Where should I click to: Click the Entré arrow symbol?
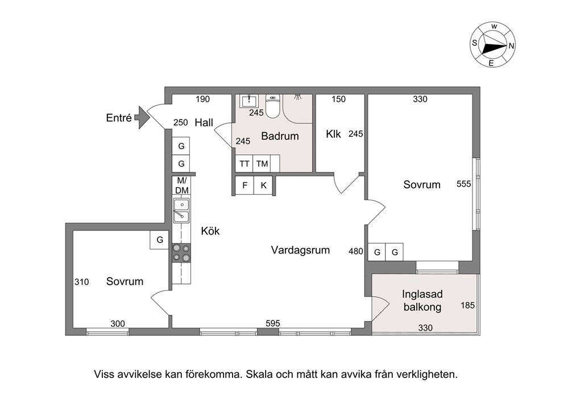click(x=142, y=117)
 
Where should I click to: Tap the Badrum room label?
click(x=280, y=136)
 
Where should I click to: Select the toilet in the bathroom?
click(x=272, y=106)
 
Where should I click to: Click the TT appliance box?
click(x=244, y=164)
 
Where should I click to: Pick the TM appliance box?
click(x=262, y=164)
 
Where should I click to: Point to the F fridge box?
click(x=245, y=186)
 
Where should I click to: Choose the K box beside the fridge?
click(x=263, y=186)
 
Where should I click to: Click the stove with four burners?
click(x=181, y=253)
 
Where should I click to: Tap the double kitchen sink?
click(x=181, y=210)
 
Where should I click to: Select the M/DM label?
click(x=181, y=185)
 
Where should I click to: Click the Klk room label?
click(x=333, y=134)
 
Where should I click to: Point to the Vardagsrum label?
click(x=300, y=250)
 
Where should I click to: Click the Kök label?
click(x=210, y=231)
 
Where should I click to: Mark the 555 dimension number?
click(x=463, y=184)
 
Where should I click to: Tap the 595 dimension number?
click(x=273, y=323)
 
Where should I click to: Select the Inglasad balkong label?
click(x=422, y=301)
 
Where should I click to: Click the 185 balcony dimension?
click(x=467, y=306)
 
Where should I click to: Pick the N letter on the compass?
click(x=511, y=46)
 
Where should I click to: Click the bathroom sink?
click(x=249, y=101)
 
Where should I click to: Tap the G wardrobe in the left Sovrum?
click(x=159, y=240)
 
